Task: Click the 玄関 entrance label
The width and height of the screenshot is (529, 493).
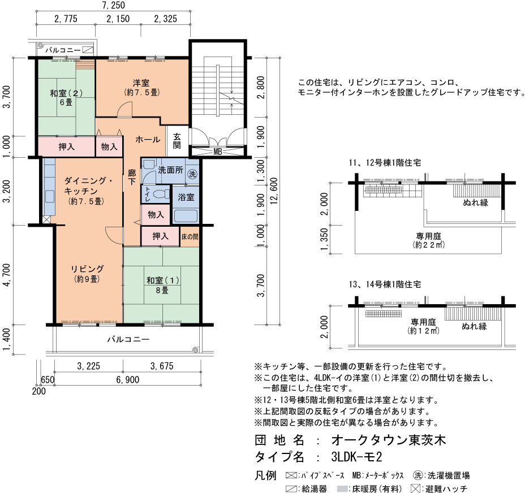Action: click(177, 141)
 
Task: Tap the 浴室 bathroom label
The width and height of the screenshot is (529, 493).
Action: click(186, 197)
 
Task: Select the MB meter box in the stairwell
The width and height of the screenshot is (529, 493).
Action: click(218, 152)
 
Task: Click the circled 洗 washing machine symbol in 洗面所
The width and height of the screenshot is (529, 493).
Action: click(192, 174)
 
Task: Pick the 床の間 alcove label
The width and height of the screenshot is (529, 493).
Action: click(190, 237)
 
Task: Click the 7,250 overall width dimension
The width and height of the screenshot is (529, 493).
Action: click(113, 5)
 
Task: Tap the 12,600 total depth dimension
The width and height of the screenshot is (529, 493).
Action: click(274, 191)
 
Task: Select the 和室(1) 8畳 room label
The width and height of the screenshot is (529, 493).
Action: click(162, 285)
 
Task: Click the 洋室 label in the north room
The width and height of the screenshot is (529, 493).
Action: click(141, 83)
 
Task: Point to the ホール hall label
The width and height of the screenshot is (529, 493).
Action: click(148, 139)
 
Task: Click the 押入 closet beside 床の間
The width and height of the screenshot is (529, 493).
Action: click(160, 236)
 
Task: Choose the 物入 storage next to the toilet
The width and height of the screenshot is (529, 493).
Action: click(156, 214)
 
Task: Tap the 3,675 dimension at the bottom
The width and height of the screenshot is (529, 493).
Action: click(162, 366)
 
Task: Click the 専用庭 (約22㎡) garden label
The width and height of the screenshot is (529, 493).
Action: click(428, 240)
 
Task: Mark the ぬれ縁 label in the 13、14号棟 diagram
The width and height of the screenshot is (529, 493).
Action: click(474, 326)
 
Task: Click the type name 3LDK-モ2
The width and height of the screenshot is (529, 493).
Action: click(357, 457)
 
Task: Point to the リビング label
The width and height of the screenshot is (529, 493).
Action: click(87, 269)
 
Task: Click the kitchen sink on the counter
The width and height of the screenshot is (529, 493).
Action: click(50, 196)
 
